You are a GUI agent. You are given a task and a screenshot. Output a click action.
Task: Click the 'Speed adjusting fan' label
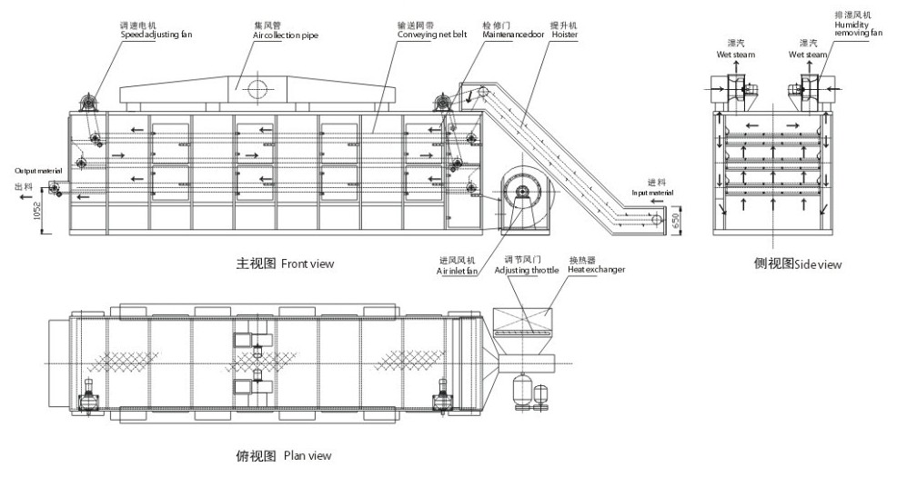pyautogui.click(x=156, y=35)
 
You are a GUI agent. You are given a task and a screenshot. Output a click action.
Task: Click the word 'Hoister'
pyautogui.click(x=564, y=35)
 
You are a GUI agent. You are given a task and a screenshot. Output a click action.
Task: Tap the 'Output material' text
pyautogui.click(x=37, y=170)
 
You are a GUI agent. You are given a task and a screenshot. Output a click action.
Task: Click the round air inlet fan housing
pyautogui.click(x=523, y=191)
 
